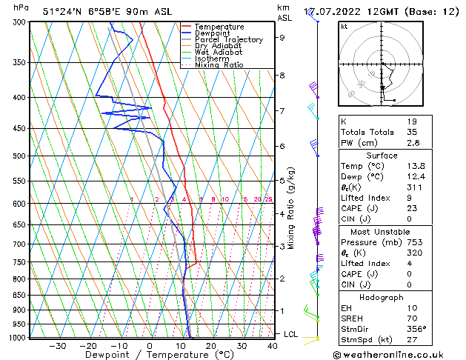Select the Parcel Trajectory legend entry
pyautogui.click(x=228, y=40)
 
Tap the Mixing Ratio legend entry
pyautogui.click(x=219, y=65)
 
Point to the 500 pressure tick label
pyautogui.click(x=18, y=156)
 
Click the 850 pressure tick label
pyautogui.click(x=18, y=295)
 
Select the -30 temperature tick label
pyautogui.click(x=57, y=345)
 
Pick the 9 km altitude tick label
pyautogui.click(x=282, y=37)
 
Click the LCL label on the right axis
pyautogui.click(x=290, y=335)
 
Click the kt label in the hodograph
pyautogui.click(x=344, y=27)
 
